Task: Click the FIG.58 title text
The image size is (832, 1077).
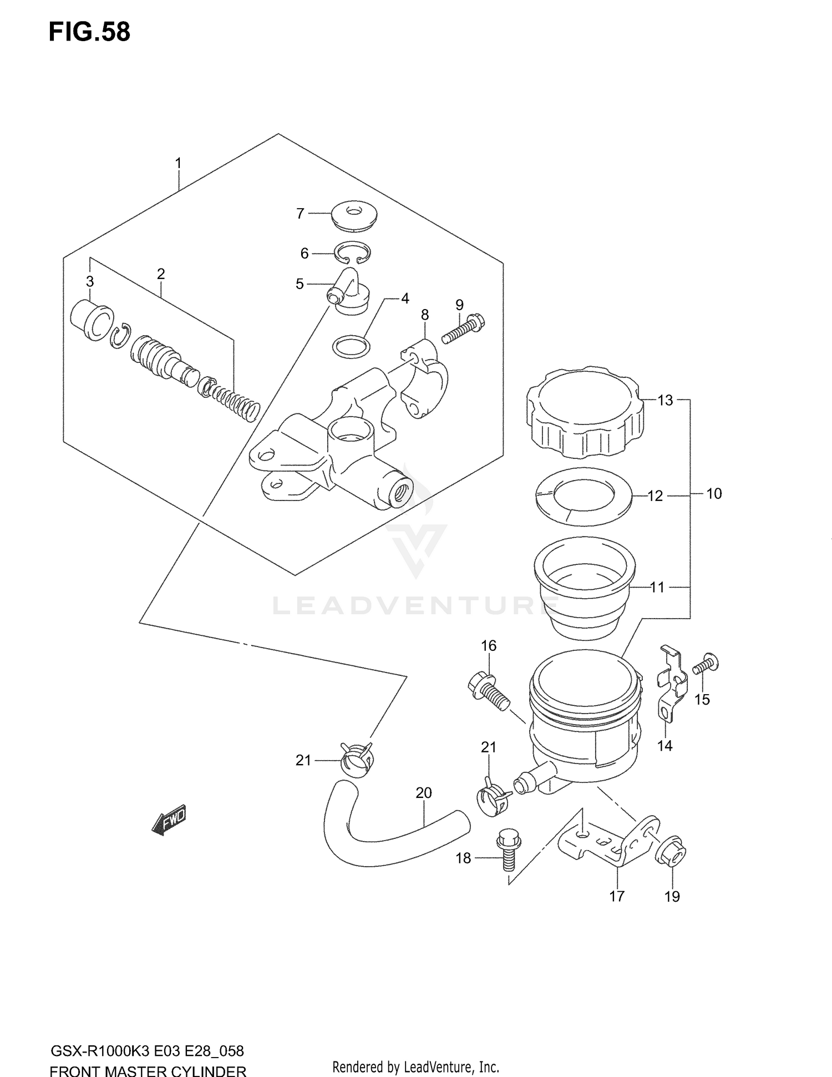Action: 90,32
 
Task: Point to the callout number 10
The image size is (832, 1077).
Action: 714,494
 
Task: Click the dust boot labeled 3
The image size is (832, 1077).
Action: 92,320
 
